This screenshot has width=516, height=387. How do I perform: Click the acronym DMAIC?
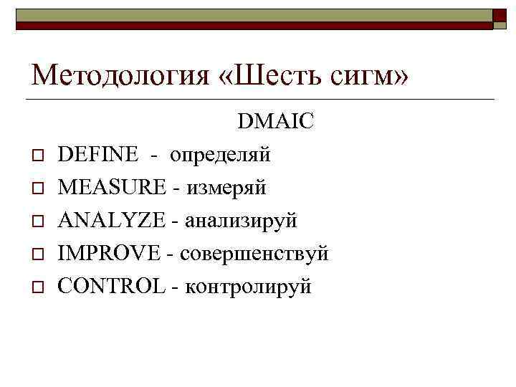coord(276,122)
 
